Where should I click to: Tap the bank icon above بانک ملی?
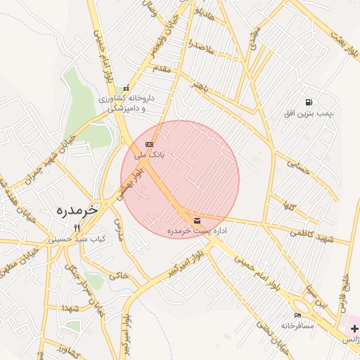tap(148, 144)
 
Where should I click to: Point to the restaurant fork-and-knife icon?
tap(77, 228)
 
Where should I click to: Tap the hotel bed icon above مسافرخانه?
tap(297, 316)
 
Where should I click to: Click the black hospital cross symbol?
tap(354, 328)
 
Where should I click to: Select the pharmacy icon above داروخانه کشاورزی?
tap(126, 89)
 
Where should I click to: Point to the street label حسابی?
tap(298, 165)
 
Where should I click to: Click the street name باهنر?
tap(201, 86)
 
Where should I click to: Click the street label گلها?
tap(289, 205)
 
